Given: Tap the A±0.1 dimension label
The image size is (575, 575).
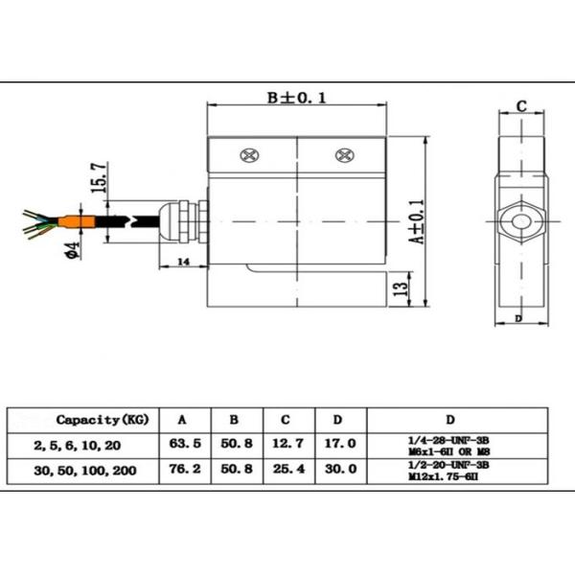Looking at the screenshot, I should [x=417, y=222].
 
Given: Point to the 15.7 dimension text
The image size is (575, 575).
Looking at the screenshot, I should [x=96, y=179].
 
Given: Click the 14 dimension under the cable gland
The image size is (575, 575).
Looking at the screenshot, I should [x=183, y=262].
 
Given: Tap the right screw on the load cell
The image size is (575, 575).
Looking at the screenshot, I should [x=342, y=155].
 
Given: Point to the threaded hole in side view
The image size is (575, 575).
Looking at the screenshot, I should [x=520, y=222].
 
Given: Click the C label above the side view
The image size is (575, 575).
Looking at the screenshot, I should [x=521, y=106].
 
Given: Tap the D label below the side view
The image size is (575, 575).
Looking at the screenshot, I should [x=518, y=317].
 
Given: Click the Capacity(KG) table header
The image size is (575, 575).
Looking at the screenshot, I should [x=102, y=420].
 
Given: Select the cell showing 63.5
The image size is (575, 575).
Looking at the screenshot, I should [x=184, y=444].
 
